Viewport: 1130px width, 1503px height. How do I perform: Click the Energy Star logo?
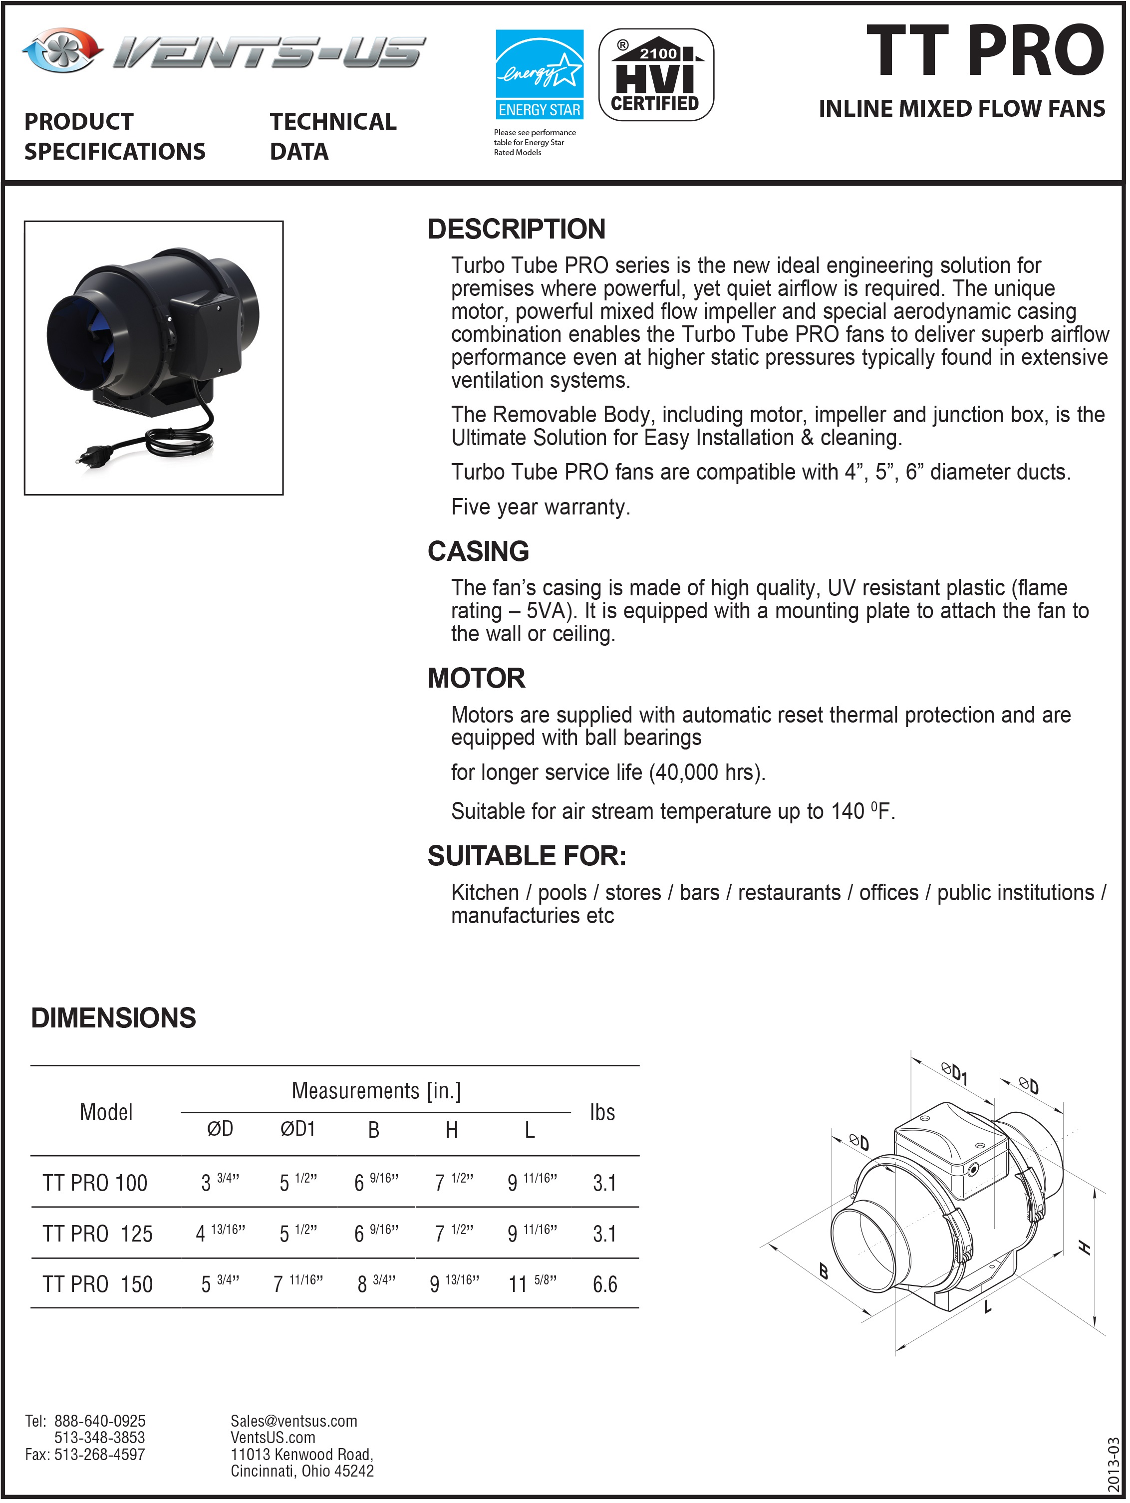pos(539,75)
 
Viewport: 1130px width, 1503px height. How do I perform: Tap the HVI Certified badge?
pos(656,75)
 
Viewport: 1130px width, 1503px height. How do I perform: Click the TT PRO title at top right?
pos(985,51)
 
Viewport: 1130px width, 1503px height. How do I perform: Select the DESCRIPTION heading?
pos(517,230)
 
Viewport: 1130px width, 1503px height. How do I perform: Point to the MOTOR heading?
pos(476,679)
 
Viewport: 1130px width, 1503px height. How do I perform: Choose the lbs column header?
pos(602,1112)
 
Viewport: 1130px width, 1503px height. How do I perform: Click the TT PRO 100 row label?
pos(95,1183)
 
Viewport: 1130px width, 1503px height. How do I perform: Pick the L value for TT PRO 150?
pos(532,1283)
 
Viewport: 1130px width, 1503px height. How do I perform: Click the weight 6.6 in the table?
pos(605,1284)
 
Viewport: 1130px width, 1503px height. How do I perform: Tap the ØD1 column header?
pos(297,1129)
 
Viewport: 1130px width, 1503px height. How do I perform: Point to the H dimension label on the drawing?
pos(1085,1248)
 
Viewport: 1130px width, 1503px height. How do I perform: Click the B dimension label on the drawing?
pos(824,1271)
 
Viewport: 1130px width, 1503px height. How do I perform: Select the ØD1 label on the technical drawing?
pos(954,1073)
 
